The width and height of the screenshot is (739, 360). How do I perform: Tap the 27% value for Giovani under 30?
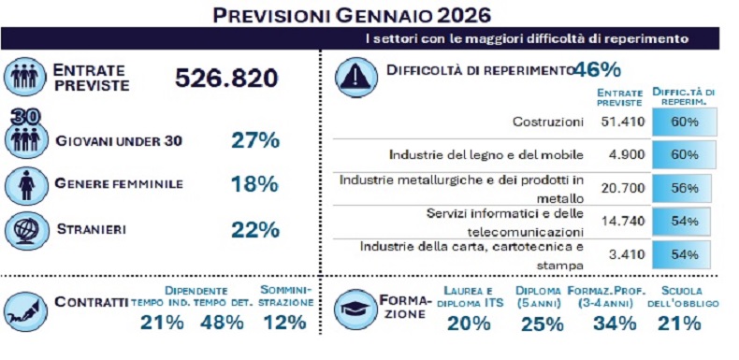[255, 140]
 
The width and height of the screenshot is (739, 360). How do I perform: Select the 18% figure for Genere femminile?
[255, 184]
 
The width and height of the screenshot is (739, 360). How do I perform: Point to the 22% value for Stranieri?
[255, 229]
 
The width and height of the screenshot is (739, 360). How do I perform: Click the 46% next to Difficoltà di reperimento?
[598, 70]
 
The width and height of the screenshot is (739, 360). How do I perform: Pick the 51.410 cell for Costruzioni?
[620, 122]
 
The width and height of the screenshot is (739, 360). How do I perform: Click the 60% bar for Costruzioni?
[685, 122]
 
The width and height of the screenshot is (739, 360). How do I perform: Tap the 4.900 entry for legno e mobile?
[626, 154]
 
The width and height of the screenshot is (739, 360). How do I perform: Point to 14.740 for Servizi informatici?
[620, 222]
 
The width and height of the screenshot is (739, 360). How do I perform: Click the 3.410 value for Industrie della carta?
[626, 254]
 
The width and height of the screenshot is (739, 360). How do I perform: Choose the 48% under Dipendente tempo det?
[222, 323]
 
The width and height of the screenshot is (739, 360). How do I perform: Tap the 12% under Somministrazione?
[284, 323]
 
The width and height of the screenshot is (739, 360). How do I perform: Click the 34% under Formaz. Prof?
[616, 324]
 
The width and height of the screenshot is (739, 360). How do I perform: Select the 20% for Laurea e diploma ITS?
[468, 324]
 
